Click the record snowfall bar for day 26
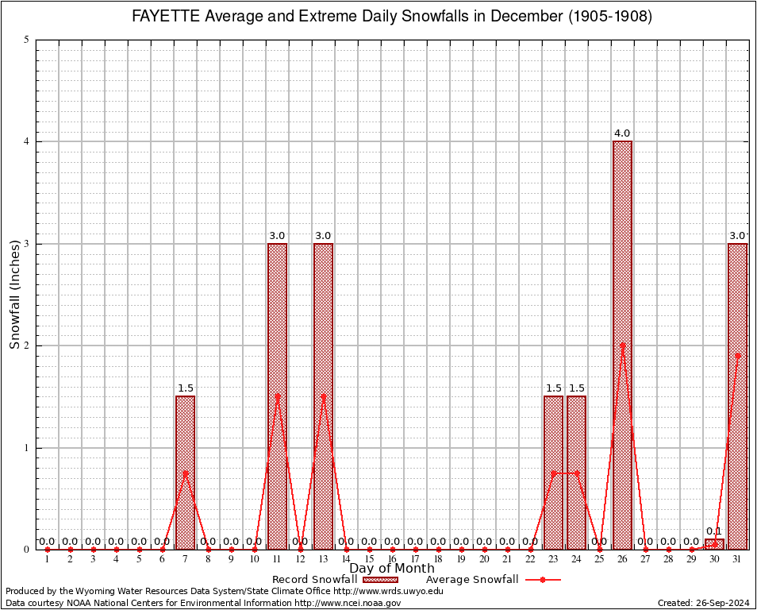tap(622, 346)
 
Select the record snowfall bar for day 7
tap(185, 473)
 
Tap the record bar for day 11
tap(277, 396)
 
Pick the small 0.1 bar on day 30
tap(714, 544)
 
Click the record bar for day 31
tap(737, 396)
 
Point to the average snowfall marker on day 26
tap(622, 346)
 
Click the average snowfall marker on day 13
tap(323, 396)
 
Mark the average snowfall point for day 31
tap(737, 356)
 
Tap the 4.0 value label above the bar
tap(622, 133)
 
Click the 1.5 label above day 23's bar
tap(553, 388)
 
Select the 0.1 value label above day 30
tap(714, 531)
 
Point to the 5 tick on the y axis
tap(27, 40)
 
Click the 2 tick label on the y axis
tap(27, 346)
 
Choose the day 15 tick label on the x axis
tap(369, 560)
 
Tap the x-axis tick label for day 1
tap(47, 560)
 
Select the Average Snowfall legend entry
tap(492, 580)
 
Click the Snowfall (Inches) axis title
tap(14, 294)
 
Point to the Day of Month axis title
tap(392, 569)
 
